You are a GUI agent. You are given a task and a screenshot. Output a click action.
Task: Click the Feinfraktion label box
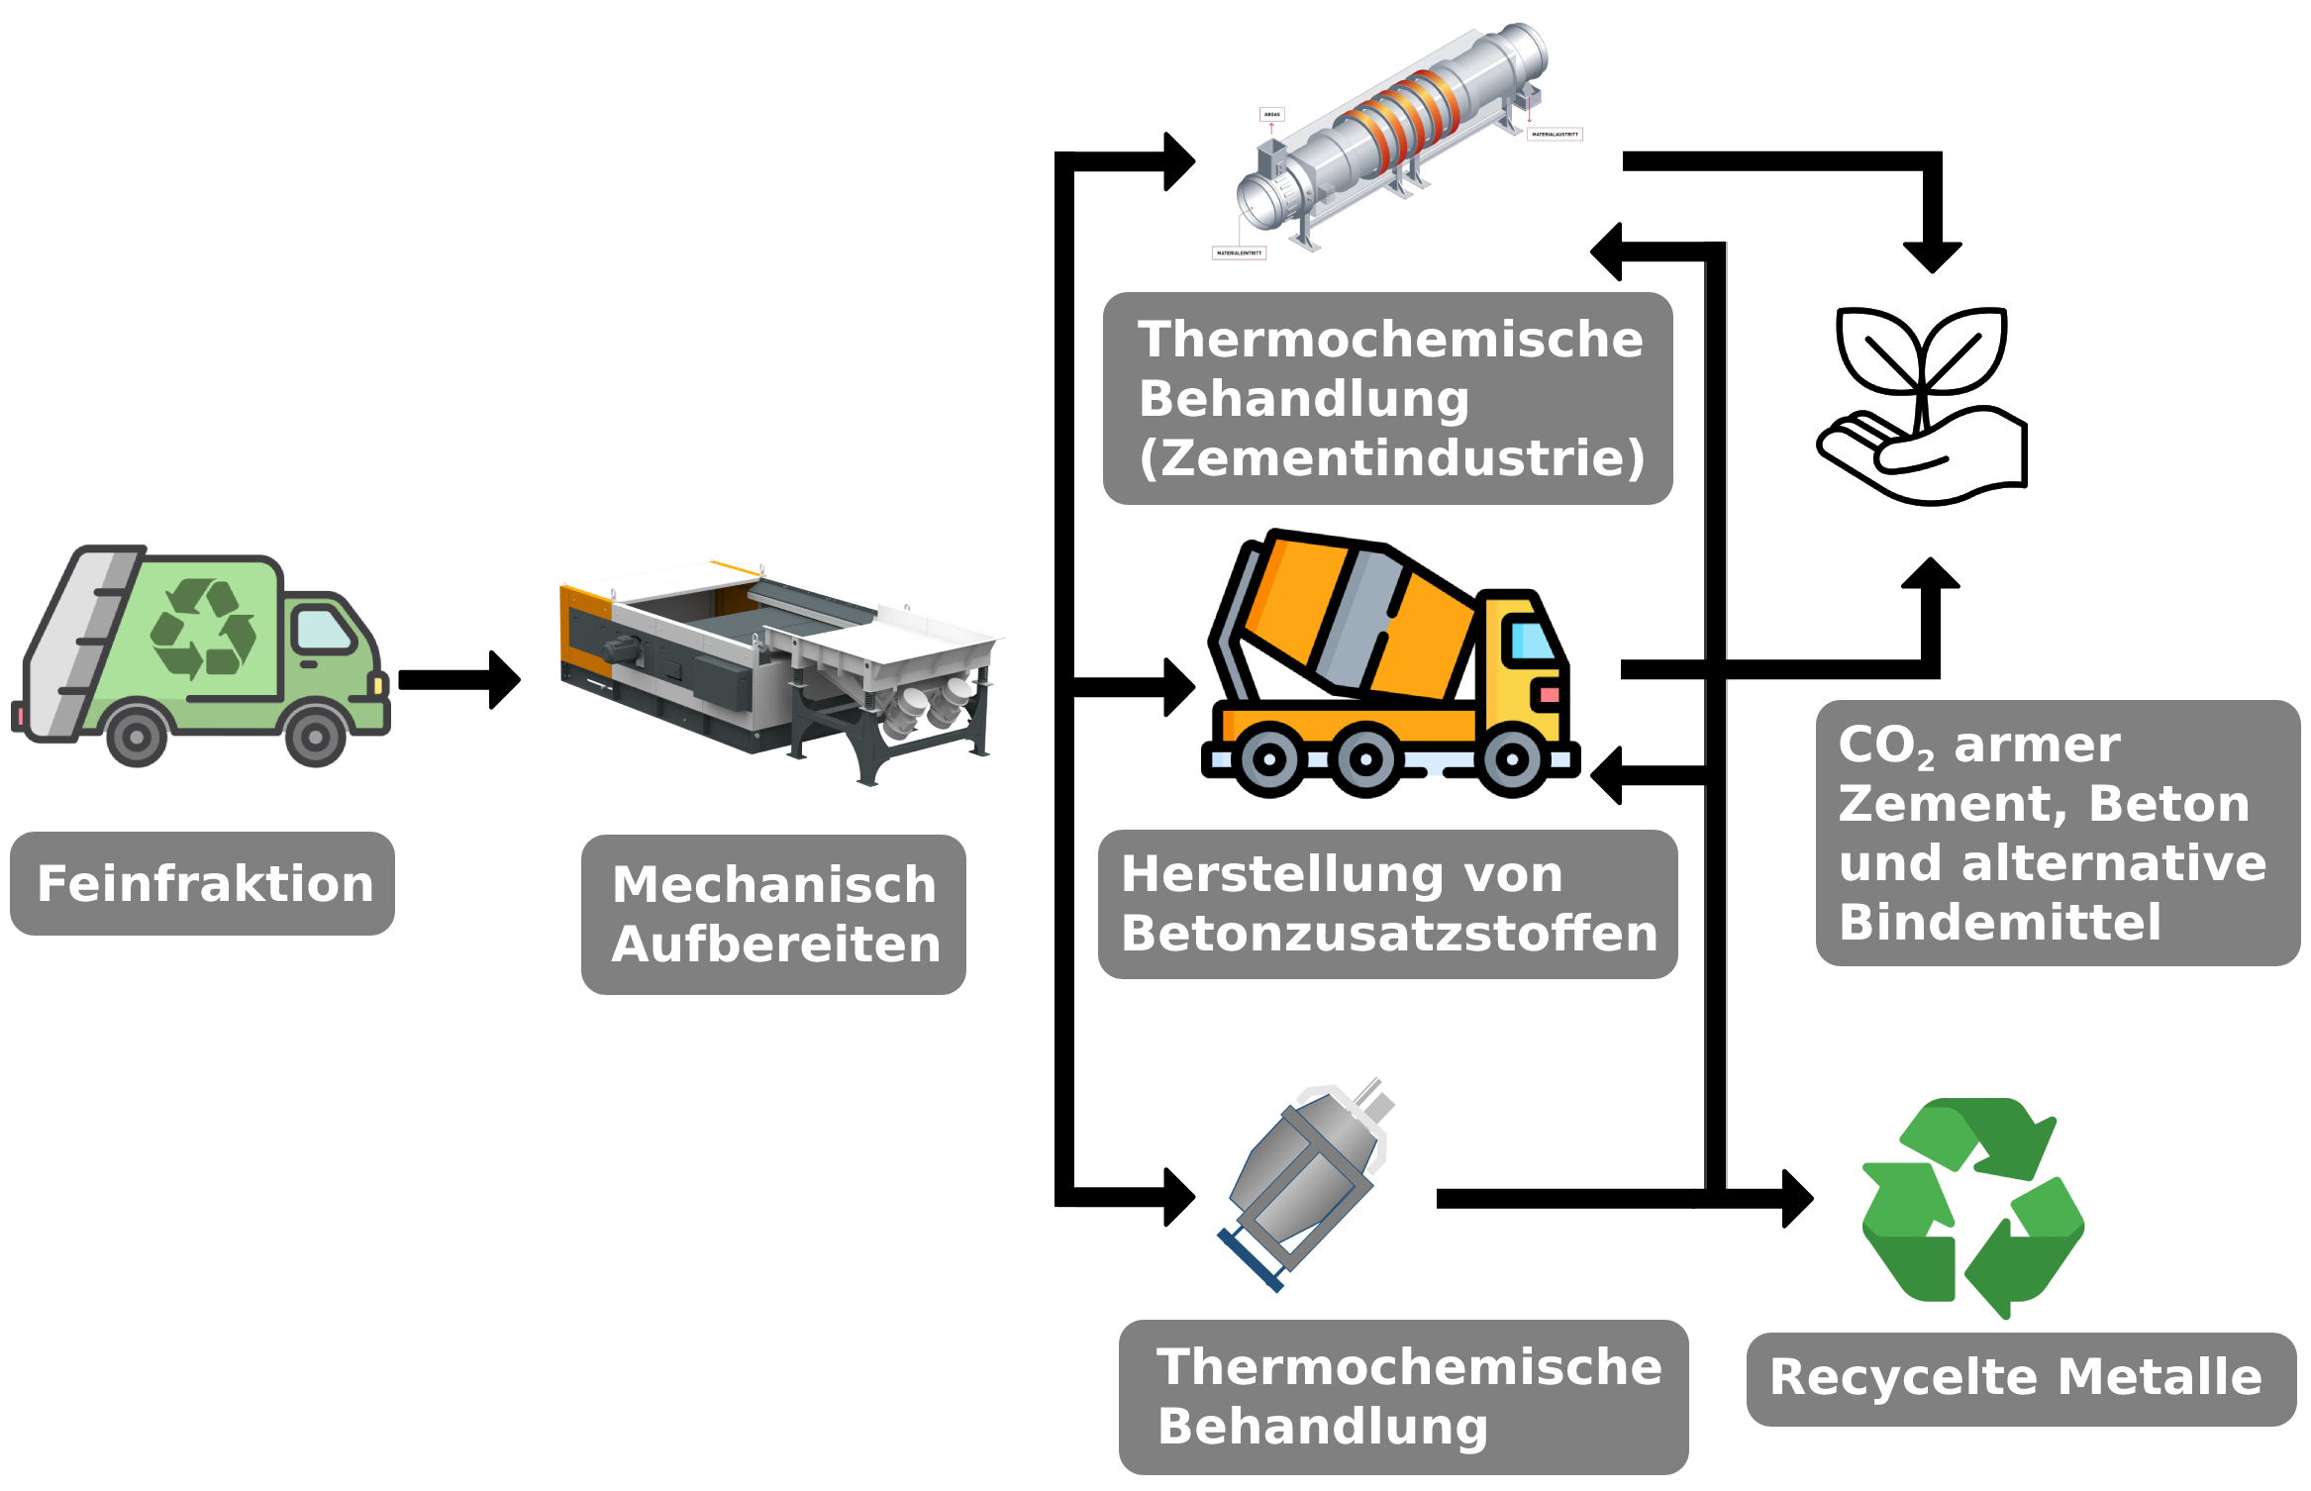[202, 883]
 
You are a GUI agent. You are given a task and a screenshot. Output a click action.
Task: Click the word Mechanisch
[773, 884]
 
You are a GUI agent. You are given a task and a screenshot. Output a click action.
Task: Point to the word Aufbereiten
[775, 944]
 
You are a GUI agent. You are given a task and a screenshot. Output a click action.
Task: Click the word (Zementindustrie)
[1391, 457]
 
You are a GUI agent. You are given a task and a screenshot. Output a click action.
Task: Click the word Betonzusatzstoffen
[1389, 933]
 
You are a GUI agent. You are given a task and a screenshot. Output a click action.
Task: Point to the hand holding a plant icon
[1921, 406]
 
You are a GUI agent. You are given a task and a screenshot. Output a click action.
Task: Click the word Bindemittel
[1999, 922]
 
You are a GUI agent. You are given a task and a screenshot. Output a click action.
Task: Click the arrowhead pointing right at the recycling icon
[1797, 1199]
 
